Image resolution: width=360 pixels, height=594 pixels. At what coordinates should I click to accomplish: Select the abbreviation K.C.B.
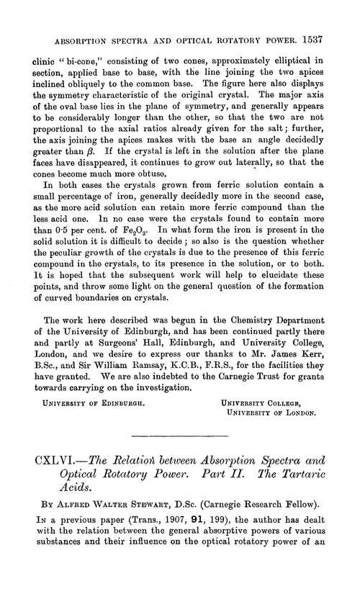pyautogui.click(x=184, y=399)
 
